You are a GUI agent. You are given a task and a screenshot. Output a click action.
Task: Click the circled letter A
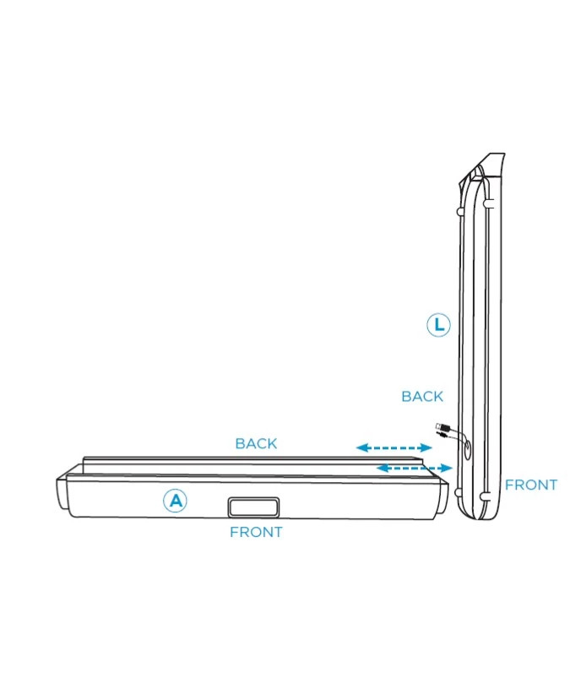pos(175,501)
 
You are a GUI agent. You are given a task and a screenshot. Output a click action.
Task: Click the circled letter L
pos(438,325)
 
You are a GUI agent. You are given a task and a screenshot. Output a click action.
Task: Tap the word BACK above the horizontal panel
pos(256,443)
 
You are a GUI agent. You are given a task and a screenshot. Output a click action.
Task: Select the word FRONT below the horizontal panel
pos(256,533)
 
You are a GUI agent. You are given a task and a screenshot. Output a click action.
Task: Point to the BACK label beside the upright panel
pos(422,396)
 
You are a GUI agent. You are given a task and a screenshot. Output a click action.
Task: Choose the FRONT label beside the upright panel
pos(531,485)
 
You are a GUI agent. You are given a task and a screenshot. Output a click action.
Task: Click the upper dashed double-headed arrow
pos(394,447)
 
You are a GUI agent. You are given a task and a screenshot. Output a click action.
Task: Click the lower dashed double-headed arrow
pos(414,467)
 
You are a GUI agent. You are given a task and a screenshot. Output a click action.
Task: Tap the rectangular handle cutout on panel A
pos(252,507)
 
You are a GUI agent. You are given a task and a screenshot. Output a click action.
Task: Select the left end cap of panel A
pos(62,494)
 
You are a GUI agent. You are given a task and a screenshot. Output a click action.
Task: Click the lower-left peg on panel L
pos(458,492)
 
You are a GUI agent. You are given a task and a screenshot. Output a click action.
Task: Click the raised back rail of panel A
pos(253,462)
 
